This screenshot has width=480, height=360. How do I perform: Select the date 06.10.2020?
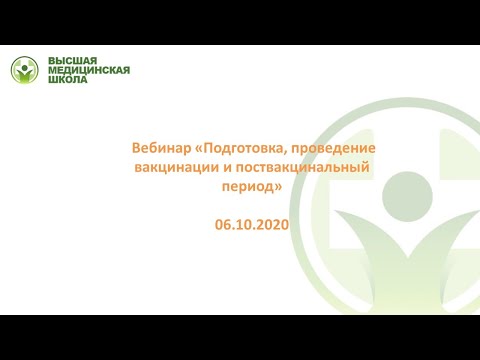point(251,225)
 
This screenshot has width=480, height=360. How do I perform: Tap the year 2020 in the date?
point(271,225)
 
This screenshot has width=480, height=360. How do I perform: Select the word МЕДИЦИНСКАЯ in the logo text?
point(89,70)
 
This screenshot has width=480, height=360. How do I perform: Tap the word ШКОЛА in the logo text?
point(68,80)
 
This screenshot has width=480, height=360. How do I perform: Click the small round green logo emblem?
point(25,70)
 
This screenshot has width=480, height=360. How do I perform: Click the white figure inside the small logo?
point(25,72)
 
